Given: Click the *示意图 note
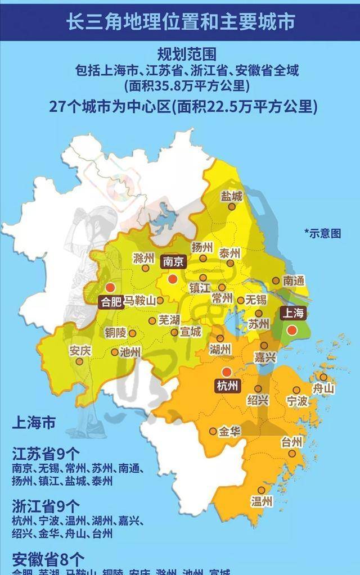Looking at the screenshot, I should (x=322, y=233).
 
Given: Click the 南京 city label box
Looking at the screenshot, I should (x=173, y=261).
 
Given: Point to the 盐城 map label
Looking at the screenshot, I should (x=232, y=196).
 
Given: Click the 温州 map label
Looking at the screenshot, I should (x=262, y=501).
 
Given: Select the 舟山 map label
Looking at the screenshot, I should (x=324, y=388).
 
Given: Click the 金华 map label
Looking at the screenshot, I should (x=230, y=432).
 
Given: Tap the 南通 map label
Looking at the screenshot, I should (x=295, y=280).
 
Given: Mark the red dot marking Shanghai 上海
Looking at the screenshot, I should (x=291, y=330).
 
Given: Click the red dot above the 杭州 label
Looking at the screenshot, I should (x=226, y=372).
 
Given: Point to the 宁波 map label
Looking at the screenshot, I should (x=297, y=401).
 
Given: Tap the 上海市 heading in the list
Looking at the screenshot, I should (x=33, y=423).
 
